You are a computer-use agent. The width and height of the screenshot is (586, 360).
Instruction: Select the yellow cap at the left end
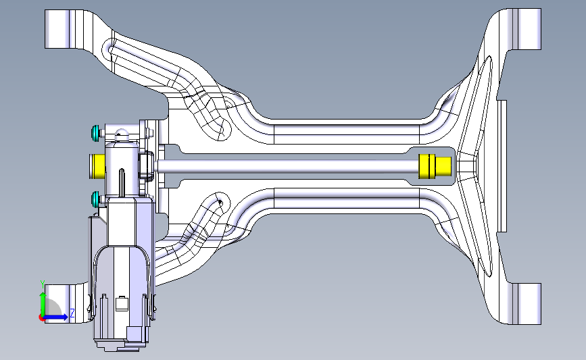[x=97, y=165]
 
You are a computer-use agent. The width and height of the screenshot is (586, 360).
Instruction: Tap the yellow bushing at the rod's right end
[x=435, y=166]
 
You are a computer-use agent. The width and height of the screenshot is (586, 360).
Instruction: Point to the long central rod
[x=288, y=166]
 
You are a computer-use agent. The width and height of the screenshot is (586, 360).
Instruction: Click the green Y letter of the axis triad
[x=43, y=285]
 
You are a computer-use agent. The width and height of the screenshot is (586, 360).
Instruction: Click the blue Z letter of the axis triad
[x=72, y=313]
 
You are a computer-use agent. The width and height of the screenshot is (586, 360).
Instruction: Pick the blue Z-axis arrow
[x=56, y=317]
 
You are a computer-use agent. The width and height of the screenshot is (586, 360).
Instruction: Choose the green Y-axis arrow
[x=43, y=304]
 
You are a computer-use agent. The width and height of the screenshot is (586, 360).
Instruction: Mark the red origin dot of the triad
[x=42, y=318]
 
